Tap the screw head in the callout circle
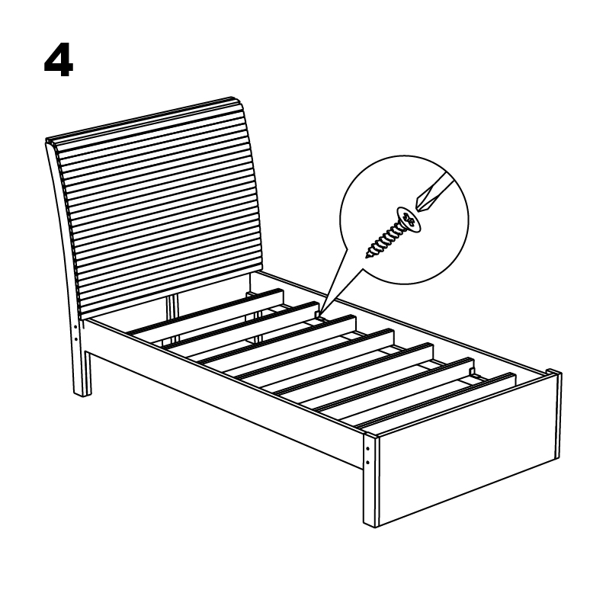(x=409, y=220)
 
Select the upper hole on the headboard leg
(x=75, y=327)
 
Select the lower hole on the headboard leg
(x=75, y=340)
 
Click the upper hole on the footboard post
(x=367, y=449)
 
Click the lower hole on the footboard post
(x=367, y=463)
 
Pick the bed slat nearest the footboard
(x=436, y=400)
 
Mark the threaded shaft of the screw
(x=383, y=239)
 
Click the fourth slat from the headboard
(x=315, y=354)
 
